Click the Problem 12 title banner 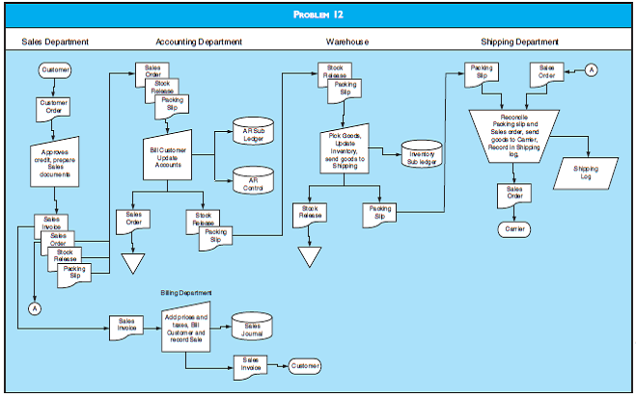point(318,14)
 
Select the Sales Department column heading point(55,42)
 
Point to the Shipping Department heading point(519,42)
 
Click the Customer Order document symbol point(54,106)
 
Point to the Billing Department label point(187,292)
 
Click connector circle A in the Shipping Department point(591,70)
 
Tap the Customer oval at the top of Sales point(54,70)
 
